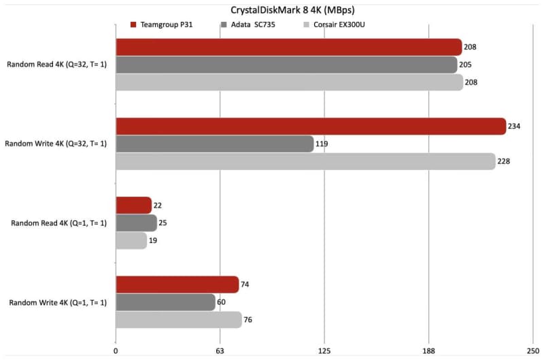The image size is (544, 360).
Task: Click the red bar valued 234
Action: tap(311, 127)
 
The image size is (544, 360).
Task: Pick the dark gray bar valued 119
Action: tap(214, 144)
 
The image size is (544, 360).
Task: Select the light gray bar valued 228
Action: tap(305, 161)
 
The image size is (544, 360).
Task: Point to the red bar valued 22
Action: tap(133, 205)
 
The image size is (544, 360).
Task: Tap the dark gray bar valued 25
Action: tap(136, 223)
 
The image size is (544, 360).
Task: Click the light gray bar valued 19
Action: tap(131, 240)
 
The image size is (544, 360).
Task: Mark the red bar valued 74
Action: tap(177, 284)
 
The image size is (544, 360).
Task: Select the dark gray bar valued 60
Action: tap(165, 302)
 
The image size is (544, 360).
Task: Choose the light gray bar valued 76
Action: tap(178, 320)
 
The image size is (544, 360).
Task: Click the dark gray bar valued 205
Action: tap(286, 65)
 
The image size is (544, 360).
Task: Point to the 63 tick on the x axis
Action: tap(220, 351)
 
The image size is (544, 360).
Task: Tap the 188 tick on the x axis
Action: tap(428, 351)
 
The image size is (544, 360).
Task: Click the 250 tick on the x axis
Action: tap(532, 351)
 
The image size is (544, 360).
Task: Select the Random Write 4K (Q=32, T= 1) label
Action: tap(56, 144)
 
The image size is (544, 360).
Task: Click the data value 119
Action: tap(324, 144)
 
